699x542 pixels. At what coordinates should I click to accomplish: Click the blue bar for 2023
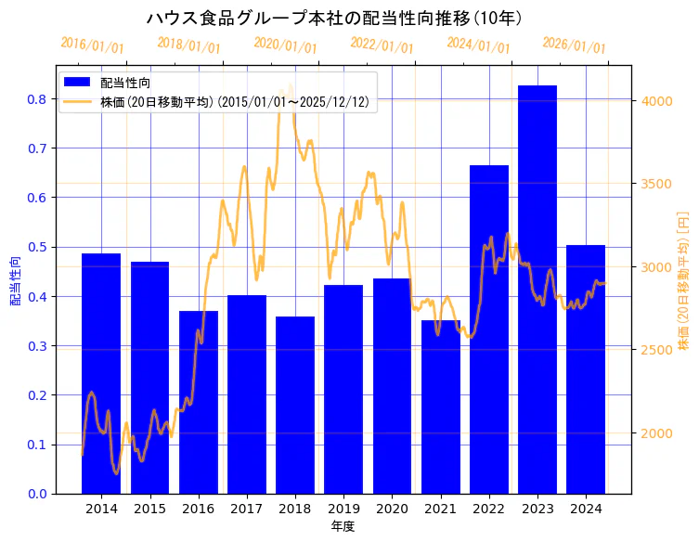pyautogui.click(x=537, y=289)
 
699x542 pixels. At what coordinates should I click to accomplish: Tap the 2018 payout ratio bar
pyautogui.click(x=295, y=405)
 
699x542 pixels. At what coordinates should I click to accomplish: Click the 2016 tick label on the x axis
pyautogui.click(x=198, y=509)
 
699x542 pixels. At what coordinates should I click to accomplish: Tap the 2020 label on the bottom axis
pyautogui.click(x=392, y=509)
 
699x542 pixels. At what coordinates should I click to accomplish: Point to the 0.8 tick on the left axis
pyautogui.click(x=38, y=99)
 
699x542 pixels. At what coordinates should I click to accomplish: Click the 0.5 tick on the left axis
pyautogui.click(x=38, y=247)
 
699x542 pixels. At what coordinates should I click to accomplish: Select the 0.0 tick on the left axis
pyautogui.click(x=38, y=493)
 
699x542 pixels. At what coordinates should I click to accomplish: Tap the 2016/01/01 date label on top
pyautogui.click(x=92, y=45)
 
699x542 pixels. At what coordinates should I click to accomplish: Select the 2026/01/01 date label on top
pyautogui.click(x=574, y=45)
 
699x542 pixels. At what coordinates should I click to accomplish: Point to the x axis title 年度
pyautogui.click(x=343, y=526)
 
